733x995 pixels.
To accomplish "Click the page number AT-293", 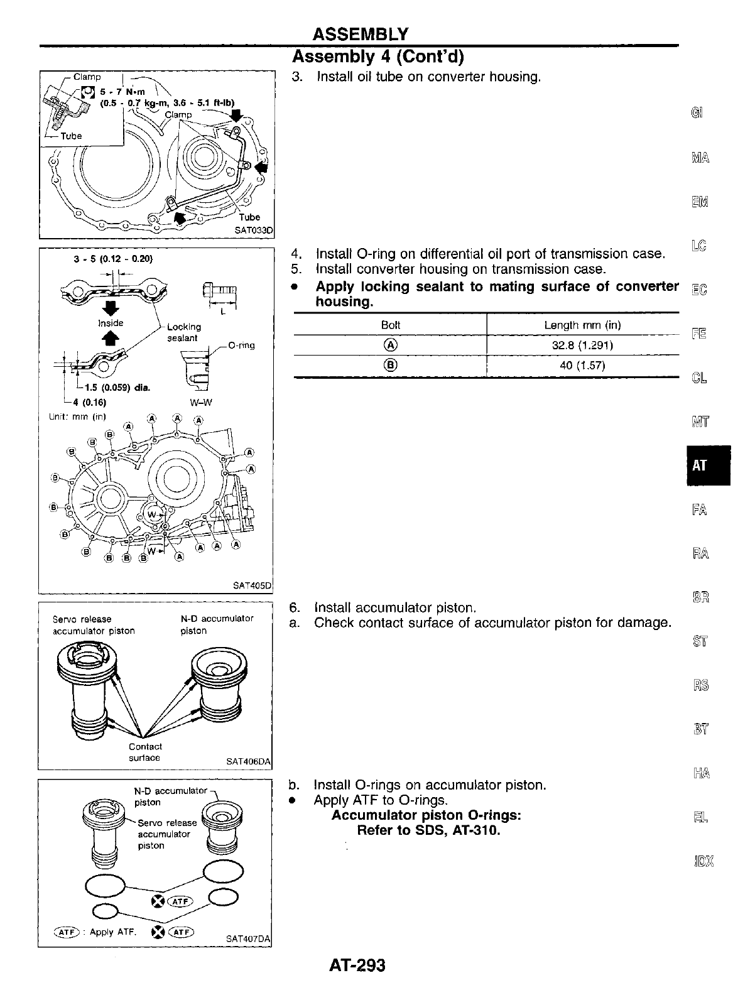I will coord(356,965).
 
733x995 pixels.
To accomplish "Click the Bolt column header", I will coord(390,325).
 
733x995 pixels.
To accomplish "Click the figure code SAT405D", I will coord(252,585).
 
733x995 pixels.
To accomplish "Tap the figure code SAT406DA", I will coord(249,762).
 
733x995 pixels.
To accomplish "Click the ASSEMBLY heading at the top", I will coord(361,34).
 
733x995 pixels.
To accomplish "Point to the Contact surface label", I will coord(145,752).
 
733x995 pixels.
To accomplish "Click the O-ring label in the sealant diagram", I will coord(241,345).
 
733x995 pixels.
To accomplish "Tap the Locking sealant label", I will coord(184,332).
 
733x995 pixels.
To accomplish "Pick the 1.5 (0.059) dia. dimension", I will coord(110,387).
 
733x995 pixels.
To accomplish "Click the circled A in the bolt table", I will coord(390,345).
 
